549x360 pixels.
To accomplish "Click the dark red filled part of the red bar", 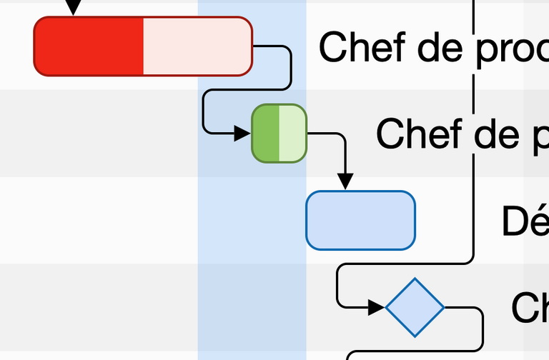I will pyautogui.click(x=89, y=46).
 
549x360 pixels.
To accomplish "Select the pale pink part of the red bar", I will pyautogui.click(x=197, y=46).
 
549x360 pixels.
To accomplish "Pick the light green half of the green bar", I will pyautogui.click(x=292, y=134).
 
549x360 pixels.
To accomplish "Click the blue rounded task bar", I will pyautogui.click(x=360, y=221).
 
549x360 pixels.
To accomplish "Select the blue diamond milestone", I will pyautogui.click(x=415, y=308).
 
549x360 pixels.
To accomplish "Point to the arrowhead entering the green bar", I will pyautogui.click(x=242, y=133).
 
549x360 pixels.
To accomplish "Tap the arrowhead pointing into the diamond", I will pyautogui.click(x=376, y=308).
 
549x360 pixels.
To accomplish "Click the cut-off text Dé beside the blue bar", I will pyautogui.click(x=525, y=221).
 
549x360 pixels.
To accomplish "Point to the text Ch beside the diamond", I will pyautogui.click(x=530, y=308).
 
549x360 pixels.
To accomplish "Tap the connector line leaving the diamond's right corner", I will pyautogui.click(x=468, y=309).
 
